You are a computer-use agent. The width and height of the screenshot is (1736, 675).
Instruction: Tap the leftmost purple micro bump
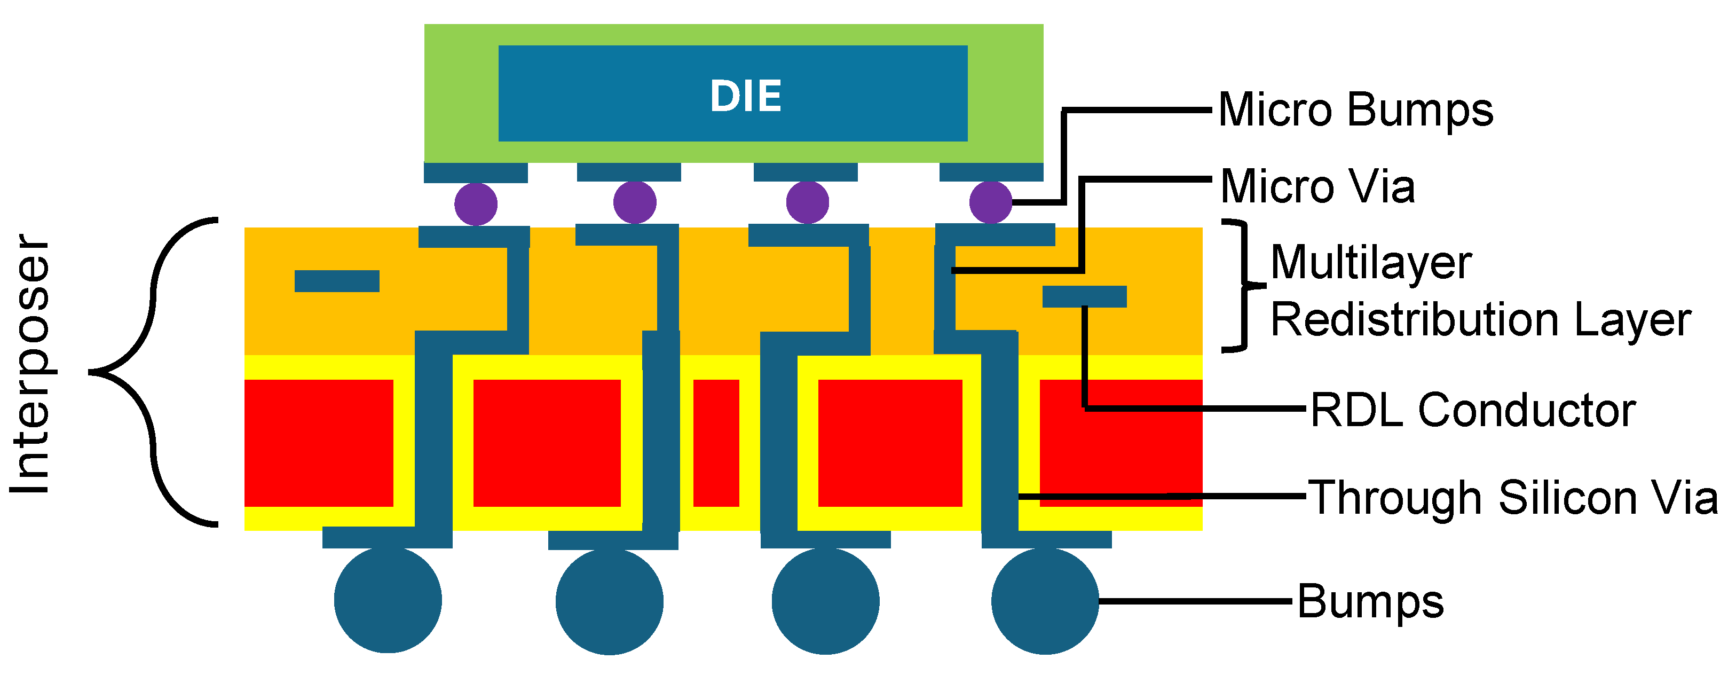point(476,203)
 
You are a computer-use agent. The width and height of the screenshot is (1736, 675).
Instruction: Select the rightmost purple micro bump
point(991,202)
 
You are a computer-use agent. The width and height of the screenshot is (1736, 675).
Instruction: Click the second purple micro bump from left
point(635,202)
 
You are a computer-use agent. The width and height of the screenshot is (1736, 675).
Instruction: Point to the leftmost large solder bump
point(388,600)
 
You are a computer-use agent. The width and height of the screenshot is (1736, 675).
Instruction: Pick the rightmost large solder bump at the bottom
point(1045,600)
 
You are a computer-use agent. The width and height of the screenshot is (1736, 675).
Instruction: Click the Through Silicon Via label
point(1512,498)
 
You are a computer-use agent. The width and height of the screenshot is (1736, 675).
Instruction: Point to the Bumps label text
point(1371,601)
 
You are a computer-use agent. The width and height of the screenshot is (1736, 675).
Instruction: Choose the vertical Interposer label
point(30,364)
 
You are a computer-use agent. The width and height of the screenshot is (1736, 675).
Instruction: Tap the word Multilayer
point(1371,262)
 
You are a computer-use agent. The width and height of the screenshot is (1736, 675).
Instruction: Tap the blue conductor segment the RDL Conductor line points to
point(1084,297)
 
